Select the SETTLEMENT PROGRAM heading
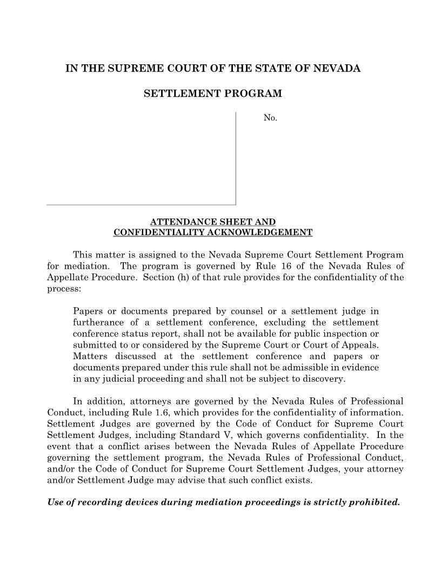[212, 94]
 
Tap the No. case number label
[270, 118]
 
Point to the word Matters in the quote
[89, 356]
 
